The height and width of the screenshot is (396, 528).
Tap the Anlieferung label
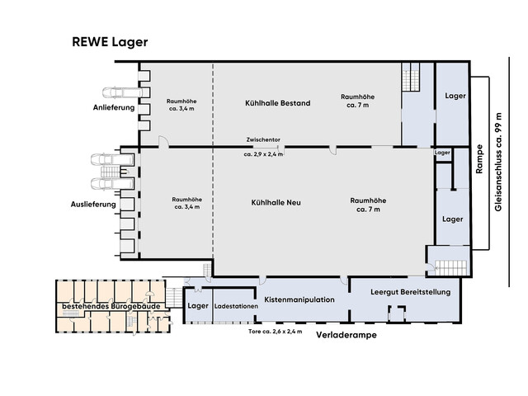(113, 108)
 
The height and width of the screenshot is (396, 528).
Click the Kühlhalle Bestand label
(277, 103)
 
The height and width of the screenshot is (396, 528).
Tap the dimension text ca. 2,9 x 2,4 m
(263, 154)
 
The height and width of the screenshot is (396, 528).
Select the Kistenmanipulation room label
(299, 299)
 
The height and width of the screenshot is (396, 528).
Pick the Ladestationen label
(236, 307)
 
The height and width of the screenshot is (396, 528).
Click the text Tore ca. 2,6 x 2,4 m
(275, 331)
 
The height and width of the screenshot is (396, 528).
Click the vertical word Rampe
(478, 158)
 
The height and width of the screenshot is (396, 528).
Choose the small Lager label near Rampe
(442, 153)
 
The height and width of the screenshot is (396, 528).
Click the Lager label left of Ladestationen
(198, 306)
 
